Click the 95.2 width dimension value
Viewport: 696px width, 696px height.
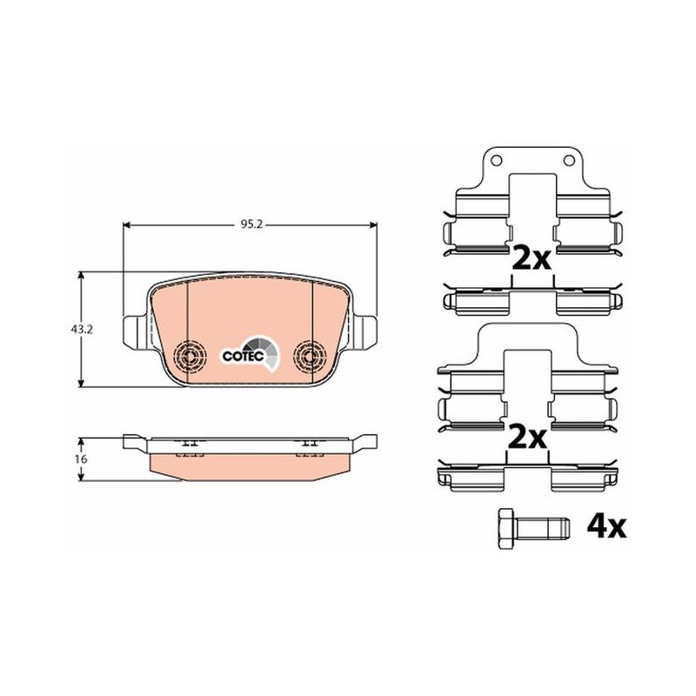(x=251, y=224)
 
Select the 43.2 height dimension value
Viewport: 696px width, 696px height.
(x=82, y=330)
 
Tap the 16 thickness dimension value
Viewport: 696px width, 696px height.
(x=81, y=459)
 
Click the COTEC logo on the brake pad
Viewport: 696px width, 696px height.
(x=250, y=353)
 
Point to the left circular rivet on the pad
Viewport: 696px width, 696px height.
(x=190, y=356)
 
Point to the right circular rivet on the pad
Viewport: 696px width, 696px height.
(x=311, y=355)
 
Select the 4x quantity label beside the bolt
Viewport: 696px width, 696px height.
(x=606, y=527)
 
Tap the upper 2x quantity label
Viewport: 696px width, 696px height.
(x=532, y=258)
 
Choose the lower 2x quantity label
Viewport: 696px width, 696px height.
(x=527, y=437)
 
